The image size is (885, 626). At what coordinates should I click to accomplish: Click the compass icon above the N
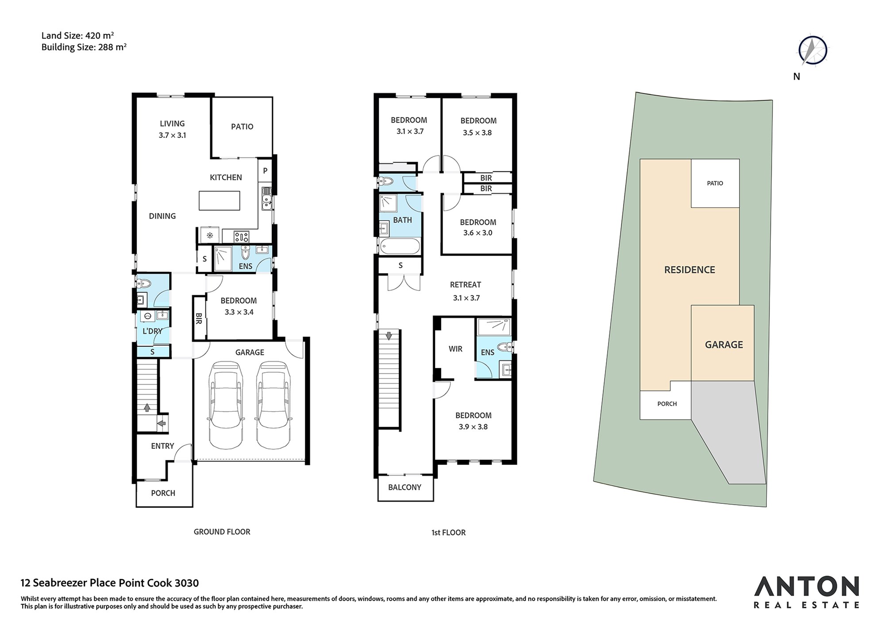pyautogui.click(x=813, y=50)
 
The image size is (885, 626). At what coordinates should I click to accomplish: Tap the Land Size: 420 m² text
pyautogui.click(x=78, y=35)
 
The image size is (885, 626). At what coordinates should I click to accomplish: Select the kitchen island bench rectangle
pyautogui.click(x=219, y=201)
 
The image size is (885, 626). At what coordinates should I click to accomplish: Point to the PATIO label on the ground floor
pyautogui.click(x=242, y=127)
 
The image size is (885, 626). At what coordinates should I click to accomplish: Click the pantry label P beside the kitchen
pyautogui.click(x=265, y=171)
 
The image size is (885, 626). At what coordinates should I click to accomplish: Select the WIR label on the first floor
pyautogui.click(x=455, y=349)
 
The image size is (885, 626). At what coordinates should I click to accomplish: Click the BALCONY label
pyautogui.click(x=404, y=487)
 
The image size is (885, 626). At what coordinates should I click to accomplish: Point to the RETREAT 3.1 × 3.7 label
pyautogui.click(x=466, y=291)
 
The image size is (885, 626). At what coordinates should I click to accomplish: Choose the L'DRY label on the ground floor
pyautogui.click(x=152, y=331)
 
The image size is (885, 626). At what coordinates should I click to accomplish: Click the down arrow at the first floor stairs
pyautogui.click(x=389, y=336)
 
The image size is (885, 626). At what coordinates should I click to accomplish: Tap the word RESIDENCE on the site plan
pyautogui.click(x=689, y=270)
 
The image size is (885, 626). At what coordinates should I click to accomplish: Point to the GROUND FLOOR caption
pyautogui.click(x=222, y=532)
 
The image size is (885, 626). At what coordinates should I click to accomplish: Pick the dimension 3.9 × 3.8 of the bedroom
pyautogui.click(x=473, y=427)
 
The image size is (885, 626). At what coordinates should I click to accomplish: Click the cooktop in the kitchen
pyautogui.click(x=242, y=236)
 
